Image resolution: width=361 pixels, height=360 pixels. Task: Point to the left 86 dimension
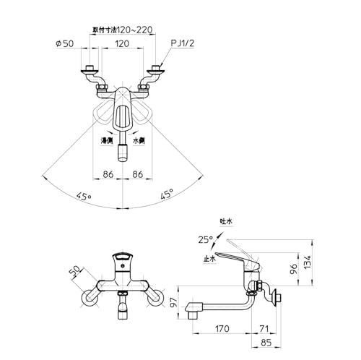107,174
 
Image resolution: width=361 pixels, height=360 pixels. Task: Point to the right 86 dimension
140,174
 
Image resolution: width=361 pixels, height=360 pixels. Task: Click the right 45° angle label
166,194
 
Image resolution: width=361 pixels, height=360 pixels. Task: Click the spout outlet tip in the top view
123,154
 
